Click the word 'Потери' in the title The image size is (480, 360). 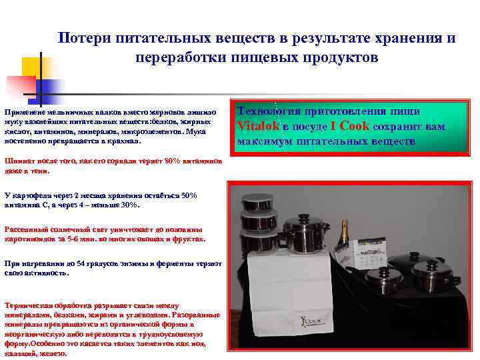[x=81, y=38]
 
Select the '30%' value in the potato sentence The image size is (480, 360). [x=132, y=205]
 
